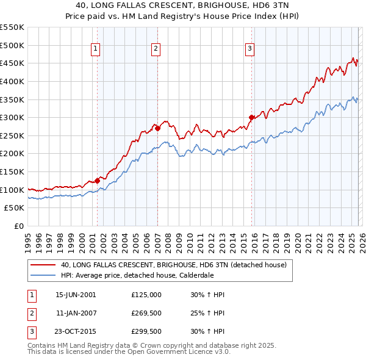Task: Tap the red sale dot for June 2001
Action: tap(97, 180)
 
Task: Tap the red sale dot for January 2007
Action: tap(157, 128)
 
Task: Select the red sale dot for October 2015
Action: tap(251, 117)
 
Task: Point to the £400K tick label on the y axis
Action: tap(12, 81)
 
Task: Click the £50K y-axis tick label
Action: tap(15, 208)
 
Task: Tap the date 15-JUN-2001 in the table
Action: tap(76, 295)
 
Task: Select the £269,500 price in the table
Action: tap(146, 314)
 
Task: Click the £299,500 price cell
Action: tap(146, 333)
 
